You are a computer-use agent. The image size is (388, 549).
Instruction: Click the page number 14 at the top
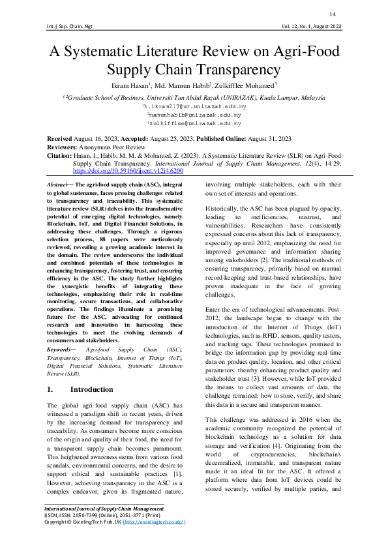coord(333,14)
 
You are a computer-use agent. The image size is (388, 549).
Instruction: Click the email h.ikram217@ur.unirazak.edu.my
coord(194,106)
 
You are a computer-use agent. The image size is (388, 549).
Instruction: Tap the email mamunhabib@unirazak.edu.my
coord(194,113)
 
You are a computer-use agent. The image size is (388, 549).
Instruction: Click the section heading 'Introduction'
coord(91,389)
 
